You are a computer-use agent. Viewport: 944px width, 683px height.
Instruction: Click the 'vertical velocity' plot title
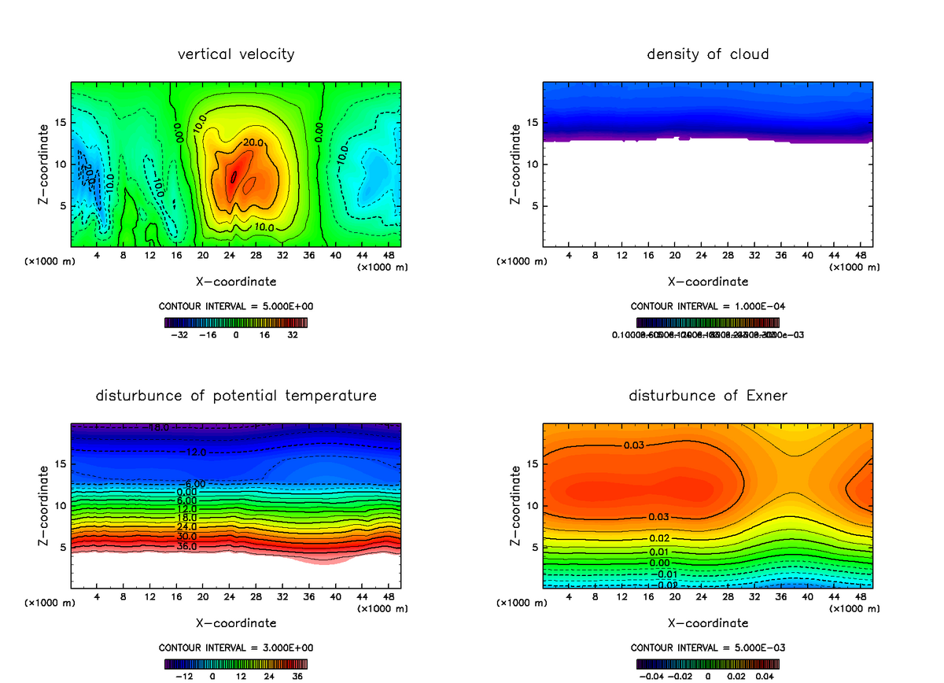236,54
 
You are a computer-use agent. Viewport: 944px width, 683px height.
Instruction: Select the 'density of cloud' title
708,54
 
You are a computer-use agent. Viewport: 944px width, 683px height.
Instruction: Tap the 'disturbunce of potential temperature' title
236,395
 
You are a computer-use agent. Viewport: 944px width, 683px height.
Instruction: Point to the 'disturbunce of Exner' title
708,395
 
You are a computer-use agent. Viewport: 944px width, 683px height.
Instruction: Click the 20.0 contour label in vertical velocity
253,142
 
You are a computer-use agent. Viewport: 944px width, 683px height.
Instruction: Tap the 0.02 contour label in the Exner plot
659,537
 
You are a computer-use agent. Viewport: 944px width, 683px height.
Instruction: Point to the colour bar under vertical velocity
236,322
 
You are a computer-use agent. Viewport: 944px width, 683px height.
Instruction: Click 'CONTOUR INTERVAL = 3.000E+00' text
236,648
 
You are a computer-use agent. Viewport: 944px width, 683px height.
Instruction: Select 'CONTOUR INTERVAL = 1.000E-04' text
708,306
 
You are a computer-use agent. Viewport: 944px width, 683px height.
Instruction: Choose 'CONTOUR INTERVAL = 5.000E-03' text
708,648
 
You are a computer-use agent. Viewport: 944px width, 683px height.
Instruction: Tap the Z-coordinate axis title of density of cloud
515,164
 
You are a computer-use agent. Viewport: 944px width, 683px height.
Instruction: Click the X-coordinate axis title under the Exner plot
708,622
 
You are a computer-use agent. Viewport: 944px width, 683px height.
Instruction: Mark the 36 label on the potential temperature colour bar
297,676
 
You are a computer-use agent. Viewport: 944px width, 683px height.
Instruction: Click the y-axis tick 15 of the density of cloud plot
532,123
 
